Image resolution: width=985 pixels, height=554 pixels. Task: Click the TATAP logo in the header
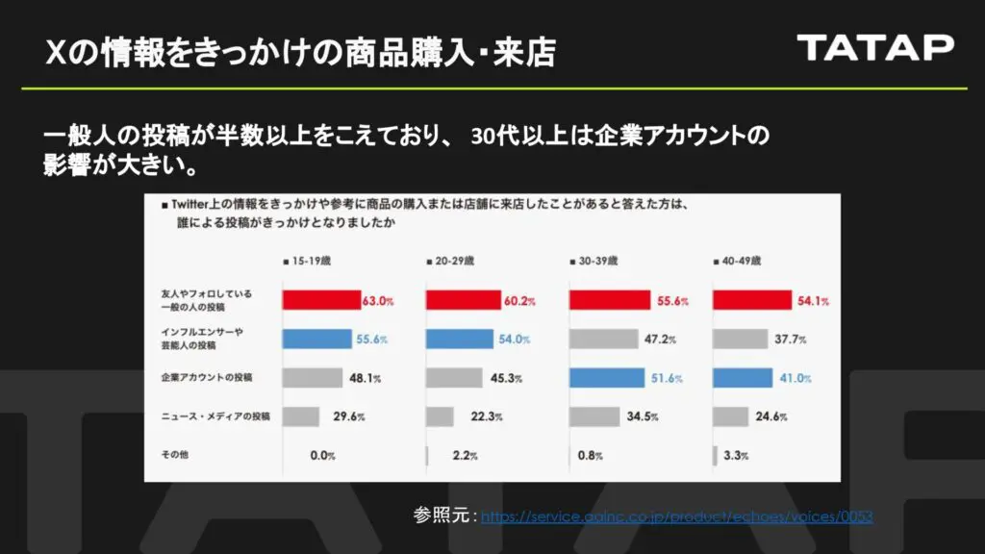(x=874, y=47)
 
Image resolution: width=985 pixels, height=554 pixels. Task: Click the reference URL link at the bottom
(x=676, y=516)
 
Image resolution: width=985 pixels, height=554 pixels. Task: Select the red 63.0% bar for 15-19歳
(x=320, y=300)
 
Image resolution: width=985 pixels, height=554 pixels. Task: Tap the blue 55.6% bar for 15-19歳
(x=316, y=339)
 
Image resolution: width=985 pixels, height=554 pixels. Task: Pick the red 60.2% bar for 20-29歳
(x=462, y=300)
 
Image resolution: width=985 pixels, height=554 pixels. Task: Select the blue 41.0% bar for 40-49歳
(x=742, y=377)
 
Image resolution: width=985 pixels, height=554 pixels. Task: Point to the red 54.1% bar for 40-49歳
(x=751, y=300)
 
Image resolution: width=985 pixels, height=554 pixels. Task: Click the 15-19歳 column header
(x=313, y=261)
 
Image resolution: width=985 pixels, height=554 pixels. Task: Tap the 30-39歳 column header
(x=598, y=261)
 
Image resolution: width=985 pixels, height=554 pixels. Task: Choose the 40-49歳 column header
(x=742, y=261)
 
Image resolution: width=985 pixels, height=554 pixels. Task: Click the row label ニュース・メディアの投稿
(x=215, y=415)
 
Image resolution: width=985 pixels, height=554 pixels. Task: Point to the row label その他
(x=174, y=454)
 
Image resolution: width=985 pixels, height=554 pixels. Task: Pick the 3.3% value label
(x=735, y=455)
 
